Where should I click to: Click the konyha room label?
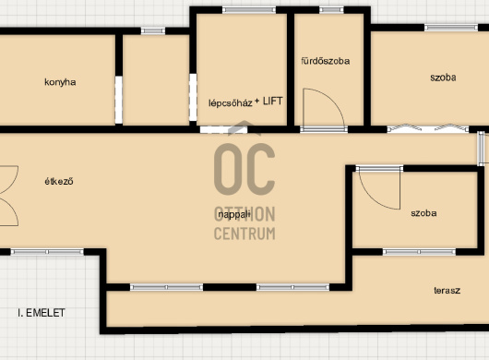[60, 82]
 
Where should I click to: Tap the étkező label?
[59, 181]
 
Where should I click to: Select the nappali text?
[234, 214]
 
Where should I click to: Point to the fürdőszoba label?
[326, 61]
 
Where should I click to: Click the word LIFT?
[273, 101]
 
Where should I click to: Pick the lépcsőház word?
[230, 103]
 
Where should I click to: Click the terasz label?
[447, 291]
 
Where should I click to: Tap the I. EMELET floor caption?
[42, 313]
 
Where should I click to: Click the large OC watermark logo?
[244, 169]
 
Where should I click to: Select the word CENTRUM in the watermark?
[244, 234]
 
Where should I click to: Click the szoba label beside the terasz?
[423, 213]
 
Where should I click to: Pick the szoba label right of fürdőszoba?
[443, 78]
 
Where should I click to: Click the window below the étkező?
[47, 252]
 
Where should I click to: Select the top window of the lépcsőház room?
[249, 10]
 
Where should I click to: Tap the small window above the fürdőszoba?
[331, 10]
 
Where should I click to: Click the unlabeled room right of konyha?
[156, 80]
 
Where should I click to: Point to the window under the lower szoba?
[419, 252]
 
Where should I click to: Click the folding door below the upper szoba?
[427, 128]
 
